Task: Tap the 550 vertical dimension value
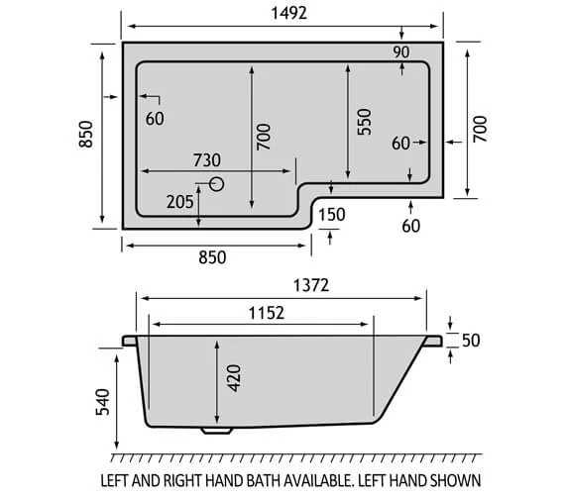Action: pos(364,122)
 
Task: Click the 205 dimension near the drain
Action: pos(178,202)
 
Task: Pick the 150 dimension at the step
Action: pos(332,215)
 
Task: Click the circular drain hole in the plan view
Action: pos(217,184)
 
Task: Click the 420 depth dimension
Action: pos(234,378)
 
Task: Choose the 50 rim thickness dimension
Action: pos(471,341)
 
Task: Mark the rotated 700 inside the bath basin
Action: pos(263,134)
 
